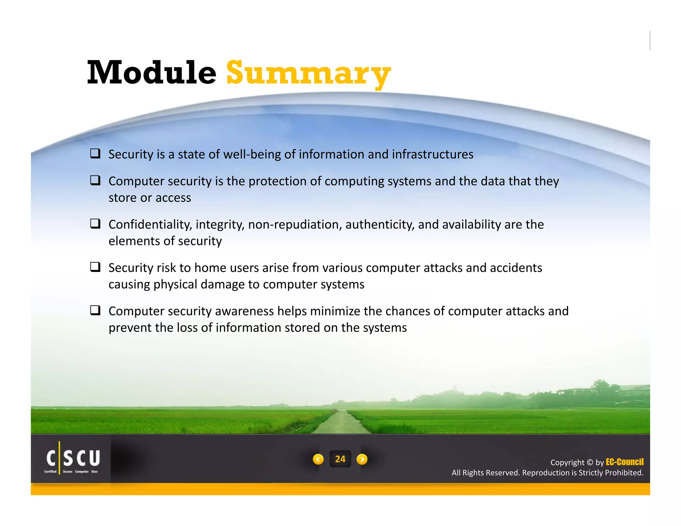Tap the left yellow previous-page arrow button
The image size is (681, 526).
(x=318, y=459)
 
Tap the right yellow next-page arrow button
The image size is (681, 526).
(x=362, y=459)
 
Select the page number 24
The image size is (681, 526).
(x=340, y=459)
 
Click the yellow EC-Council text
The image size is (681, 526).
(x=624, y=462)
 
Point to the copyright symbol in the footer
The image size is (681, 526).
(x=590, y=462)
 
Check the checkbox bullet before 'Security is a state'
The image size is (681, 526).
(x=95, y=153)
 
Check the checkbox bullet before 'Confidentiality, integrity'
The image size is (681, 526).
(x=95, y=223)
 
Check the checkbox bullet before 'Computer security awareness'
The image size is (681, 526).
(x=95, y=310)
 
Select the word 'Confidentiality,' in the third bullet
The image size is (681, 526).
(x=150, y=224)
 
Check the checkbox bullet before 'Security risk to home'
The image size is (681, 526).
(x=95, y=267)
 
